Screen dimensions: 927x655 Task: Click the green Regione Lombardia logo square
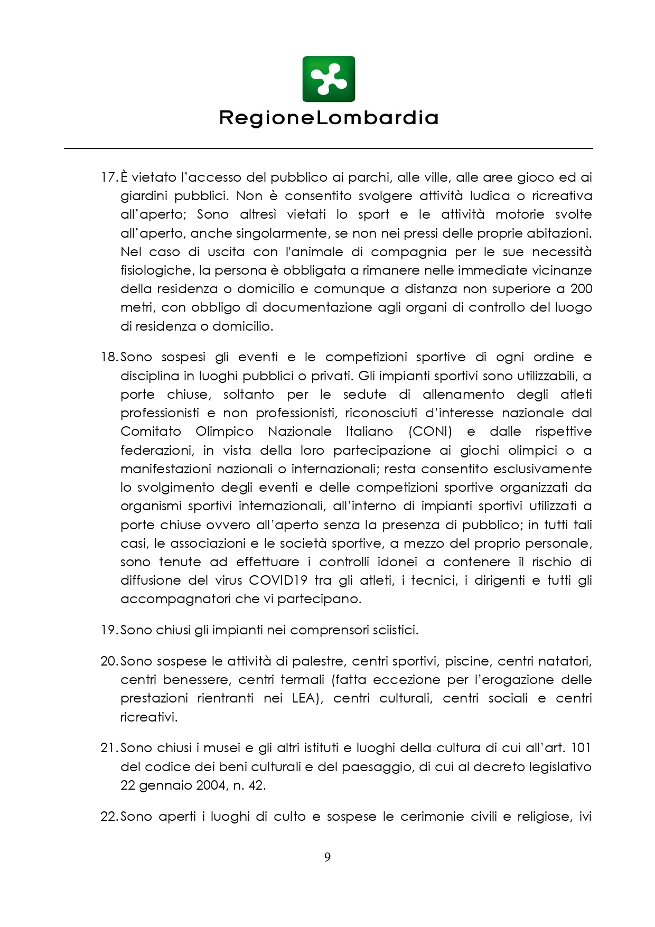(x=329, y=79)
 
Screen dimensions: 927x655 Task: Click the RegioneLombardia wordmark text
(x=329, y=117)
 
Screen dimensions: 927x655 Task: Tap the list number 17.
(x=108, y=177)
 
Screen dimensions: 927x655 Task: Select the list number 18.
(x=109, y=357)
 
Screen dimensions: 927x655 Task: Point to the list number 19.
(x=109, y=630)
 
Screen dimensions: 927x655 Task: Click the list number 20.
(x=109, y=661)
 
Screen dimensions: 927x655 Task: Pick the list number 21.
(x=109, y=748)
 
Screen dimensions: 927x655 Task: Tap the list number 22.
(x=109, y=817)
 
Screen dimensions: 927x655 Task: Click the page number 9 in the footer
(x=327, y=857)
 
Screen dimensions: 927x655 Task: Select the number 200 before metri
(x=581, y=289)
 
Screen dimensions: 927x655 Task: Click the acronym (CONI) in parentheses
(x=431, y=432)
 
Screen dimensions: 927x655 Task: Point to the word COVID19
(x=278, y=580)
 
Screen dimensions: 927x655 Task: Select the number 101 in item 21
(x=581, y=748)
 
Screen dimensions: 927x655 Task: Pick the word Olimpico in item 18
(x=224, y=432)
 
